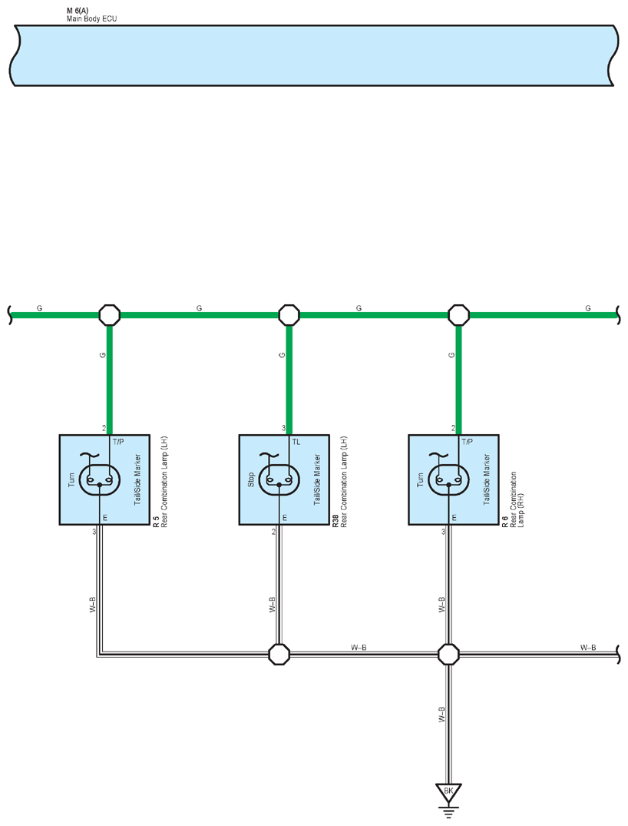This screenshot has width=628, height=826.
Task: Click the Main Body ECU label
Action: tap(91, 19)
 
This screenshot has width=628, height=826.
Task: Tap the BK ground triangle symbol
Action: tap(448, 793)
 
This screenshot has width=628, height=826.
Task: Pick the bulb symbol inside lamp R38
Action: tap(279, 479)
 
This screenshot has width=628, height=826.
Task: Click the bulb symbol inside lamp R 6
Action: tap(448, 479)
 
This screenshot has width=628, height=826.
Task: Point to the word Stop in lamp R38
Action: tap(251, 479)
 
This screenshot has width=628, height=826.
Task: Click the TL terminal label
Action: tap(296, 442)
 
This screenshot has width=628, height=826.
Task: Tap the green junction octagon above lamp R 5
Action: tap(110, 315)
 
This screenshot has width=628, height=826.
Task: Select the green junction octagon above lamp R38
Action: tap(289, 315)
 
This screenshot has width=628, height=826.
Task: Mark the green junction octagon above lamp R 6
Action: tap(458, 315)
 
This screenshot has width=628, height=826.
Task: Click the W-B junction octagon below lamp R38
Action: tap(279, 654)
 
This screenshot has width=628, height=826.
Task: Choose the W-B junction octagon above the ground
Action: tap(448, 654)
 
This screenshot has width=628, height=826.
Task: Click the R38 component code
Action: tap(335, 522)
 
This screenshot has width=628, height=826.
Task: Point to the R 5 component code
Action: tap(156, 522)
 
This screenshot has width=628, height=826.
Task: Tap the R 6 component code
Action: tap(505, 522)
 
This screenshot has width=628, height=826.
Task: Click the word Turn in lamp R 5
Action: tap(71, 479)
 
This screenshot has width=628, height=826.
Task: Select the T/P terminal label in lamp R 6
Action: tap(467, 442)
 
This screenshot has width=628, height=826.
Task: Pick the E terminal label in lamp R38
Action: tap(285, 518)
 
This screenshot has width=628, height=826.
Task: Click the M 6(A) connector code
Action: tap(78, 11)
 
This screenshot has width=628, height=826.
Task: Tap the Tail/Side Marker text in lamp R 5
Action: tap(138, 479)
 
